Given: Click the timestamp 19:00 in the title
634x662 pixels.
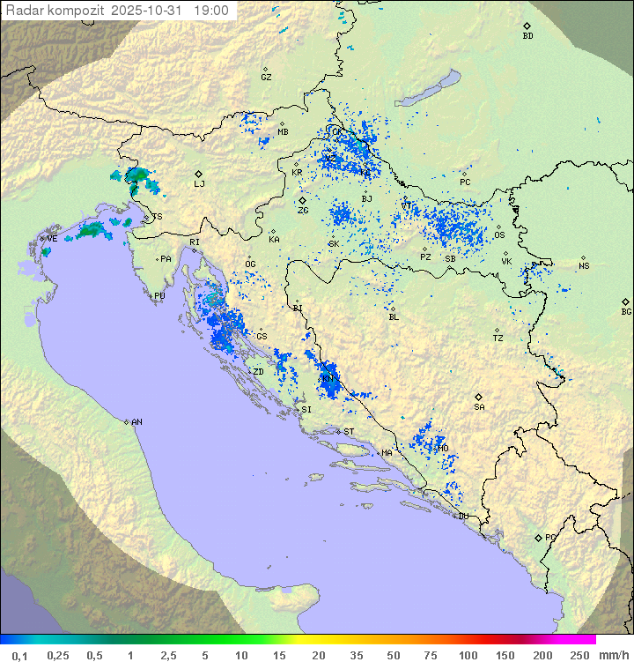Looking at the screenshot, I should pyautogui.click(x=211, y=11).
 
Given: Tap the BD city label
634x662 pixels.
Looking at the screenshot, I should pyautogui.click(x=527, y=36).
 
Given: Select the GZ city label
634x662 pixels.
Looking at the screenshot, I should pyautogui.click(x=266, y=78).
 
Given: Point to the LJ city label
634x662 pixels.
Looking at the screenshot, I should pyautogui.click(x=199, y=184).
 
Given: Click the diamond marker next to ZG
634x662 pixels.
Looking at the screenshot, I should pyautogui.click(x=302, y=201).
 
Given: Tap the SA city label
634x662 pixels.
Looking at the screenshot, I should pyautogui.click(x=479, y=407).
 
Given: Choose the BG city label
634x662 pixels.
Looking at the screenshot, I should pyautogui.click(x=626, y=311).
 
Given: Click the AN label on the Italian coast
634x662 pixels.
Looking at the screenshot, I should pyautogui.click(x=136, y=422).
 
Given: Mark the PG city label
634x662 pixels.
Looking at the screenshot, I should pyautogui.click(x=550, y=537).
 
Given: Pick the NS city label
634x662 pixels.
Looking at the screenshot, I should pyautogui.click(x=584, y=266).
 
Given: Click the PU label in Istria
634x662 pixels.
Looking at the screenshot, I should pyautogui.click(x=159, y=296).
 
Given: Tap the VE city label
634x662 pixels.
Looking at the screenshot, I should pyautogui.click(x=52, y=239).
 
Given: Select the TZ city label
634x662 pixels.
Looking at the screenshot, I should pyautogui.click(x=498, y=338).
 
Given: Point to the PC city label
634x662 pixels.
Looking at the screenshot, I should pyautogui.click(x=465, y=182).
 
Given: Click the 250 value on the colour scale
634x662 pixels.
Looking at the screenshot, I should pyautogui.click(x=579, y=655).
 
